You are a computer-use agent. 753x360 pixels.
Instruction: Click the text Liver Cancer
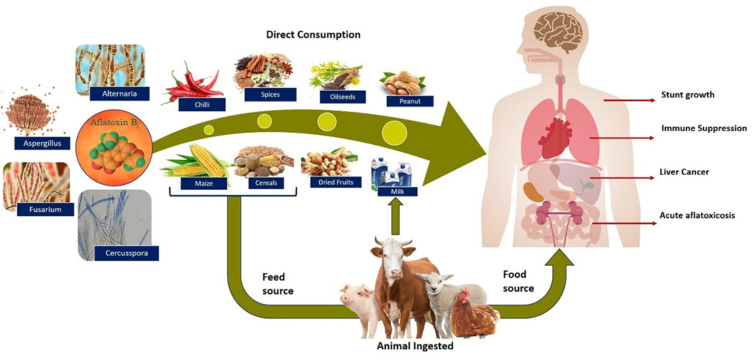coord(684,172)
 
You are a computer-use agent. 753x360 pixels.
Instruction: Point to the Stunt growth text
coord(687,95)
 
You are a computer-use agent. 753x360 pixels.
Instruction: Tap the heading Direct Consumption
coord(313,34)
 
